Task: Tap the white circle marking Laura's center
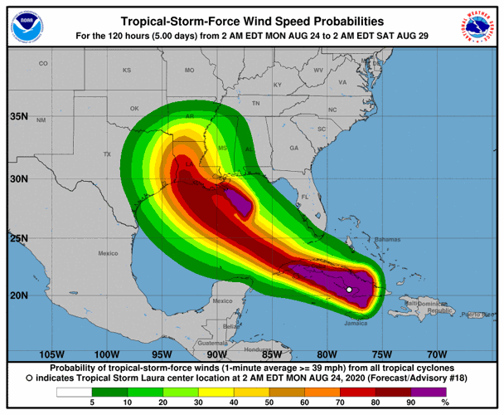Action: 350,289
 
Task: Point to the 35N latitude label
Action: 19,116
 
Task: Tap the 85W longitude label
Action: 274,354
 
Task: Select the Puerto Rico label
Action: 476,315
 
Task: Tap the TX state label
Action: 106,154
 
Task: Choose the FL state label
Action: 304,197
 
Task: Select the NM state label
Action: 41,120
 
